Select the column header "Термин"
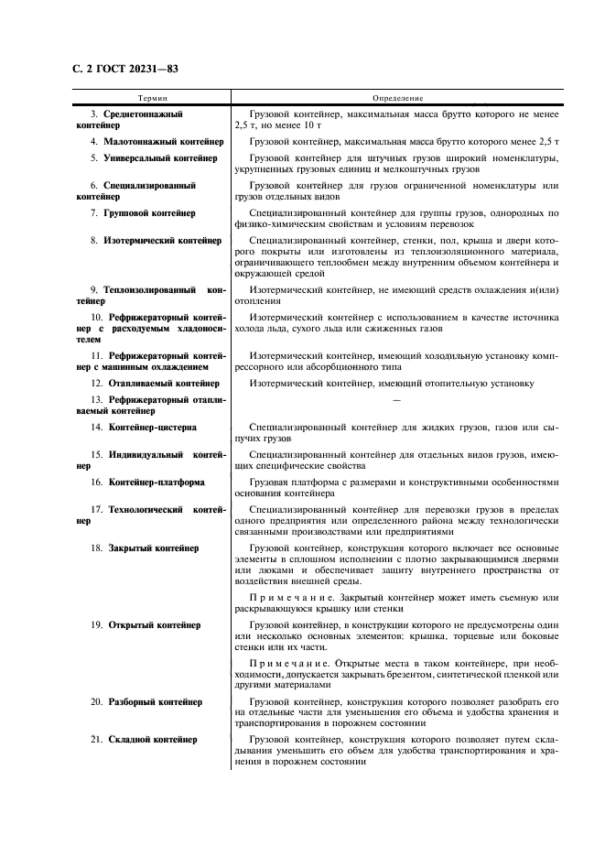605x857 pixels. (152, 97)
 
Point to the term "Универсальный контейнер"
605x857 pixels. (160, 157)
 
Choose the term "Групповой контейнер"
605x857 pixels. (149, 212)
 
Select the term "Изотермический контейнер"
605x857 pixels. (162, 240)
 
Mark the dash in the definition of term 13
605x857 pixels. (395, 400)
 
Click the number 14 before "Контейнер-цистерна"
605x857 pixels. (96, 427)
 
